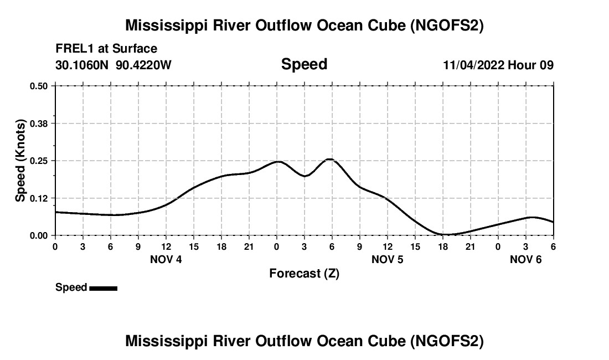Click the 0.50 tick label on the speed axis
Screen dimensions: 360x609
tap(39, 86)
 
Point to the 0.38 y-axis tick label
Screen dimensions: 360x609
tap(39, 123)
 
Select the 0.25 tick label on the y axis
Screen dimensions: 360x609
tap(39, 161)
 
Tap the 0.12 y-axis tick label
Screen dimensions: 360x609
tap(39, 198)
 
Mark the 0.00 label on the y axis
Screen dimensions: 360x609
tap(39, 235)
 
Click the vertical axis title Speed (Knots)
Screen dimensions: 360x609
tap(20, 161)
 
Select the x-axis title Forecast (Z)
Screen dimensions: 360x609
tap(304, 273)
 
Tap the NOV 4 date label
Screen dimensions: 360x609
tap(166, 259)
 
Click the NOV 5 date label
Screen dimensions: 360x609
tap(388, 259)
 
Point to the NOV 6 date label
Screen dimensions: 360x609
tap(526, 259)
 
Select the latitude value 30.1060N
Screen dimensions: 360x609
tap(83, 65)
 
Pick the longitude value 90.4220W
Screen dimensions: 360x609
tap(144, 65)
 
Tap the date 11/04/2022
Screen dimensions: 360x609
tap(473, 65)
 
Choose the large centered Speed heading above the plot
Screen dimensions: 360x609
tap(304, 64)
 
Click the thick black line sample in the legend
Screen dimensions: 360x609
tap(103, 288)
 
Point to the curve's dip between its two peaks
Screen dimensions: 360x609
tap(304, 176)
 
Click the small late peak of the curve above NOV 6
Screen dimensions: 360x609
tap(532, 217)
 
